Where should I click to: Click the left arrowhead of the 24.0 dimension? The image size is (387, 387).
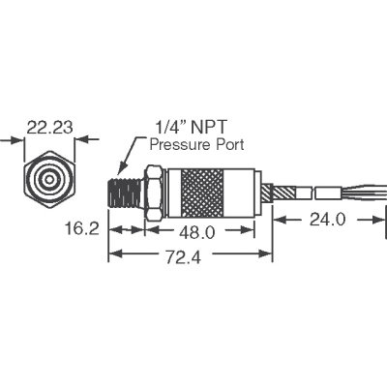(280, 222)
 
